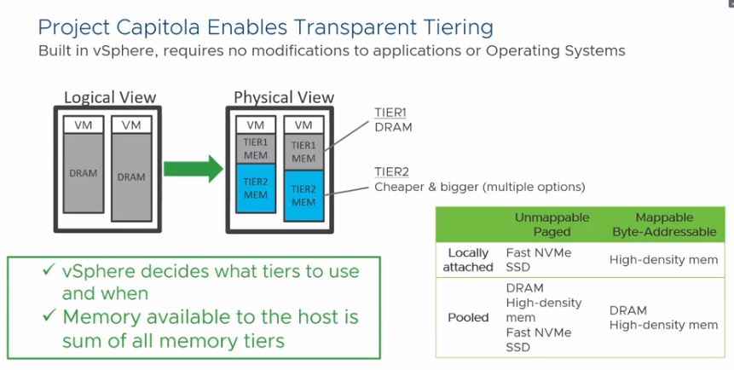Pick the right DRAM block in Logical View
tap(131, 176)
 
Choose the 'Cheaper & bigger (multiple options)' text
tap(480, 187)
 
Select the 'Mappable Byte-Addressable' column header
tap(663, 224)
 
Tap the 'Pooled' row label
tap(469, 317)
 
